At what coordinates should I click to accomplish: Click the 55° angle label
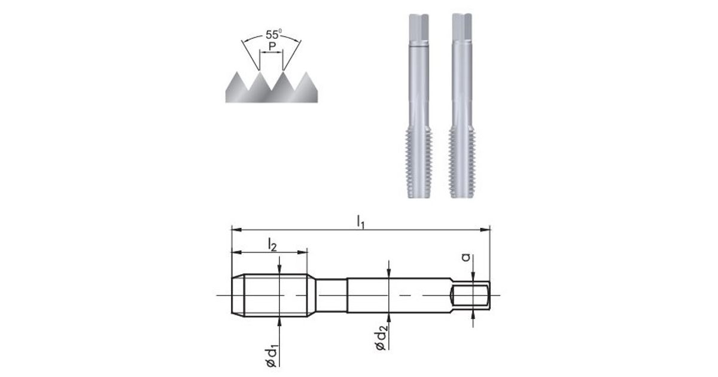pos(273,34)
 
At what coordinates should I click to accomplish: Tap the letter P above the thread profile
pos(272,47)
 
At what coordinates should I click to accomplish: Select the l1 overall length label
pos(361,222)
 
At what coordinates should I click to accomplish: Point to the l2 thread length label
pos(272,245)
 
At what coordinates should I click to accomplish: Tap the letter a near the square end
pos(466,257)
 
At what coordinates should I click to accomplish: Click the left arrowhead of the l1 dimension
pos(236,230)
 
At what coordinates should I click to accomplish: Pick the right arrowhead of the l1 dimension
pos(485,230)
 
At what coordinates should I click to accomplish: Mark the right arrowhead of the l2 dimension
pos(302,253)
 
